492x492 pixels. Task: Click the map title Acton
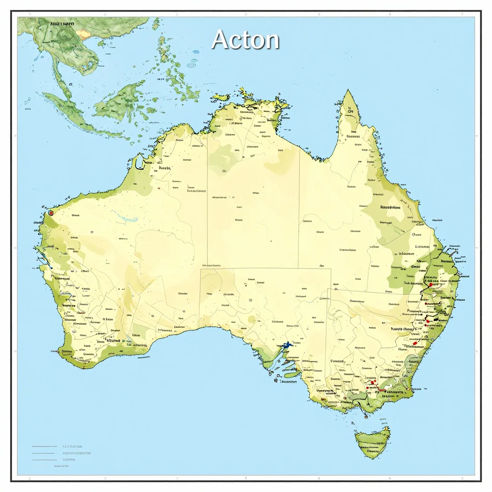[x=245, y=39]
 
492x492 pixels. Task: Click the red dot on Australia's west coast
[x=51, y=212]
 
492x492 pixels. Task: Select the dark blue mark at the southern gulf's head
[x=288, y=344]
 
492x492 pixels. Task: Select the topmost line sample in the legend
[x=44, y=446]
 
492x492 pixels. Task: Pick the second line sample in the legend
[x=44, y=453]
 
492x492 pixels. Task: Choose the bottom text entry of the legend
[x=61, y=466]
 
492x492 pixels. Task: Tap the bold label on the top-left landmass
[x=62, y=23]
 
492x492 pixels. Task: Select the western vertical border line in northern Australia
[x=207, y=192]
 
